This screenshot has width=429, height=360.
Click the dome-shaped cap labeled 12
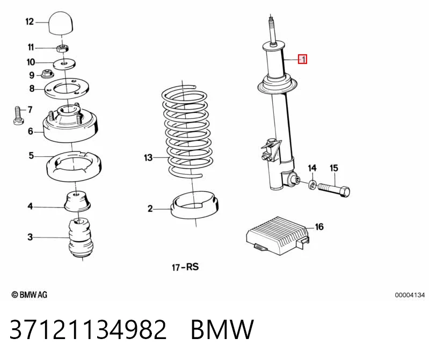[x=61, y=23]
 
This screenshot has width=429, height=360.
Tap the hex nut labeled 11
[x=62, y=49]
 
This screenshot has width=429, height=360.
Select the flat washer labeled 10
[x=64, y=64]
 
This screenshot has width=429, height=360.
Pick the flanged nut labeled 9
[x=47, y=74]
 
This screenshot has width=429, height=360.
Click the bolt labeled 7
[x=19, y=116]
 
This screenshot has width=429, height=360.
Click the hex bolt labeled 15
[x=334, y=190]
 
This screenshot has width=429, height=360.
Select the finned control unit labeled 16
[x=278, y=235]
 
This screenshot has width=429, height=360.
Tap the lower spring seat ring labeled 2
[x=194, y=205]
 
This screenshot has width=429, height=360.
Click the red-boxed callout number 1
[x=303, y=59]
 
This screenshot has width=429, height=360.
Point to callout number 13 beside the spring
[x=148, y=157]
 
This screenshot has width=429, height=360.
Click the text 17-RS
[x=185, y=267]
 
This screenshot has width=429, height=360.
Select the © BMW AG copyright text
[x=30, y=294]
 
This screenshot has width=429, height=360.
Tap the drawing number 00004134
[x=410, y=295]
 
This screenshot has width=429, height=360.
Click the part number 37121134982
[x=88, y=329]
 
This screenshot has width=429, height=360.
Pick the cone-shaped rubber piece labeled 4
[x=77, y=201]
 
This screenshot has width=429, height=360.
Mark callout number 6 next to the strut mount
[x=31, y=132]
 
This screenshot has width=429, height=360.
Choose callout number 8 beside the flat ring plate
[x=32, y=89]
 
